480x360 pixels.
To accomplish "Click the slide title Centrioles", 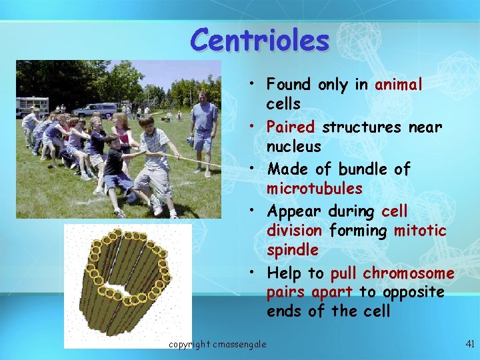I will [259, 39].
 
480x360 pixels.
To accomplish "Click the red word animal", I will [399, 85].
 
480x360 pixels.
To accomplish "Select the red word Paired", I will [291, 127].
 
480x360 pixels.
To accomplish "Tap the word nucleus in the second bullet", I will [293, 146].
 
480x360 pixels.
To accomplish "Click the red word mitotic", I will [420, 231].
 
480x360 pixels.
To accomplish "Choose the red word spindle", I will [292, 250].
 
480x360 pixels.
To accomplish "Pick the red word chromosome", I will [409, 273].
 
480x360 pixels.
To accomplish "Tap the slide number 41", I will [469, 344].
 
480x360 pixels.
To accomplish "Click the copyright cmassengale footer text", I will [217, 344].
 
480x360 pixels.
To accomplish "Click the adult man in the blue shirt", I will [204, 130].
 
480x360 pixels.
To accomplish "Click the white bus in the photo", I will [31, 105].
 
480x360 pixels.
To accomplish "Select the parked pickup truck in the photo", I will [95, 109].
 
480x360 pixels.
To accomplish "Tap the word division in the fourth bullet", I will [295, 231].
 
